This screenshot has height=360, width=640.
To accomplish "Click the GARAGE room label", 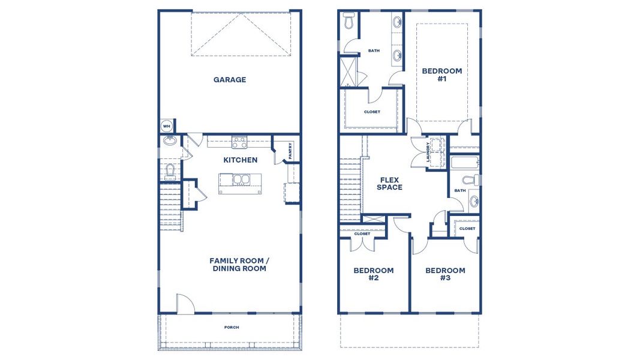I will coord(230,80).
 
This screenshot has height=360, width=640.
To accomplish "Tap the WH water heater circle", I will coord(167,127).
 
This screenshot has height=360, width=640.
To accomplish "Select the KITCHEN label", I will coord(241,160).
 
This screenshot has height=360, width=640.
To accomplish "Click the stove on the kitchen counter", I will coord(240,142).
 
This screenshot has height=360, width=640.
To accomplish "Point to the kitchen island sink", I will coord(240,180).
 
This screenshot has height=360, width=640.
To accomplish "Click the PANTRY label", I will coord(290,151).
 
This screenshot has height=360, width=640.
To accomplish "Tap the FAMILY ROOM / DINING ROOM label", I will coord(238,265).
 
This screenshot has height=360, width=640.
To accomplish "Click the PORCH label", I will coord(232,327).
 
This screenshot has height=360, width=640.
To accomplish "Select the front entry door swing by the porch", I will coord(185,303).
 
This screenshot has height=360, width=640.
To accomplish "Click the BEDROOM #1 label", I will coord(442,74).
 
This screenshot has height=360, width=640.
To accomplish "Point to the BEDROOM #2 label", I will coord(374,274).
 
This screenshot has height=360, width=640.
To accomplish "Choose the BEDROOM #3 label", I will coord(445,274).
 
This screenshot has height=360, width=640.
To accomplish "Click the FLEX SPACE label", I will coord(390,183).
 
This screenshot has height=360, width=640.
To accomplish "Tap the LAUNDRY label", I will coord(428,152).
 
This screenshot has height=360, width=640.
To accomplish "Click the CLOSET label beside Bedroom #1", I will coord(372,112).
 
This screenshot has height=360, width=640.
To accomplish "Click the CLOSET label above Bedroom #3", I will coord(467,229).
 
